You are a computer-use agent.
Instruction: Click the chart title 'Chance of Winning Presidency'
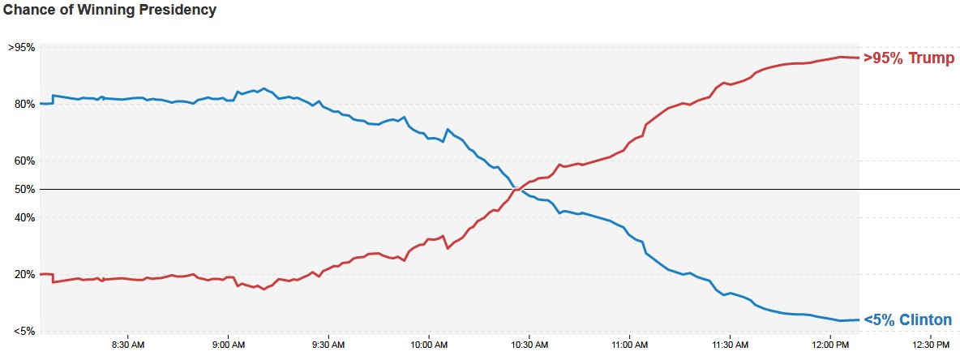click(110, 11)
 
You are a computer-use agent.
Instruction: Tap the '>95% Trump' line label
click(908, 58)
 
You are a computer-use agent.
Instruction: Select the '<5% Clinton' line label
click(907, 320)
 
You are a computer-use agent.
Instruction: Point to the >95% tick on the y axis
click(21, 47)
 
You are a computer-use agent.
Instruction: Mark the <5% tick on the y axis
click(24, 331)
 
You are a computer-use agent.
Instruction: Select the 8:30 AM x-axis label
click(127, 345)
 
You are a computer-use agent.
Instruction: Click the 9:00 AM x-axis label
click(228, 345)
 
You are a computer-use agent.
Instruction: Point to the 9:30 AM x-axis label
click(328, 345)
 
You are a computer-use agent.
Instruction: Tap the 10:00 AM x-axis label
click(429, 345)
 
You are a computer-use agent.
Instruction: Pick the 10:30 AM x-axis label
click(529, 345)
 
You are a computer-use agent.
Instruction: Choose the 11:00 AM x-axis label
click(629, 345)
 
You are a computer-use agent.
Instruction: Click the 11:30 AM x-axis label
click(730, 345)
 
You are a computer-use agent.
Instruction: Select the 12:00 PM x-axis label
click(830, 345)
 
